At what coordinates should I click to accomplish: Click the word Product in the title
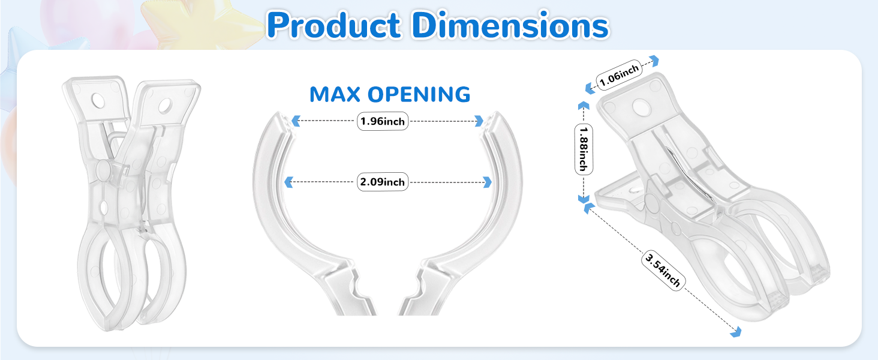pyautogui.click(x=334, y=25)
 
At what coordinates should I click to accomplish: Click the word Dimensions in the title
pyautogui.click(x=510, y=25)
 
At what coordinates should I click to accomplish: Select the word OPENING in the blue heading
pyautogui.click(x=419, y=95)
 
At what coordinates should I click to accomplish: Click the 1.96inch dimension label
pyautogui.click(x=383, y=121)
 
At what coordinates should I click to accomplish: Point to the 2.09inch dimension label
pyautogui.click(x=383, y=182)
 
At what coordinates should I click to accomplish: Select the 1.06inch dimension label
pyautogui.click(x=620, y=75)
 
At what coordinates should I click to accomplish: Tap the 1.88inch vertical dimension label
pyautogui.click(x=584, y=149)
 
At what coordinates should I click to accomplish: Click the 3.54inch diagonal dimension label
pyautogui.click(x=663, y=270)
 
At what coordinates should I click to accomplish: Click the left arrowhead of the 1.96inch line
pyautogui.click(x=296, y=121)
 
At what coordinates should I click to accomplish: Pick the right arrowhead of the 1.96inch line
pyautogui.click(x=479, y=121)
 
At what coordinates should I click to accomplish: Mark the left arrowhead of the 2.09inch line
pyautogui.click(x=289, y=182)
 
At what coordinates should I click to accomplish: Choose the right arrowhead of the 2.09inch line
pyautogui.click(x=487, y=182)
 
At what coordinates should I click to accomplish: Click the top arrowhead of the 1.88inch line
pyautogui.click(x=584, y=105)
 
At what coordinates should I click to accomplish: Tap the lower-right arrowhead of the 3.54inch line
pyautogui.click(x=736, y=332)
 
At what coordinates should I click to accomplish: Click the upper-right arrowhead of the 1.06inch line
pyautogui.click(x=654, y=61)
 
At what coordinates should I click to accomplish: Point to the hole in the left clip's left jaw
pyautogui.click(x=98, y=101)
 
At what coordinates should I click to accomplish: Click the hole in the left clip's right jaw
pyautogui.click(x=165, y=106)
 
